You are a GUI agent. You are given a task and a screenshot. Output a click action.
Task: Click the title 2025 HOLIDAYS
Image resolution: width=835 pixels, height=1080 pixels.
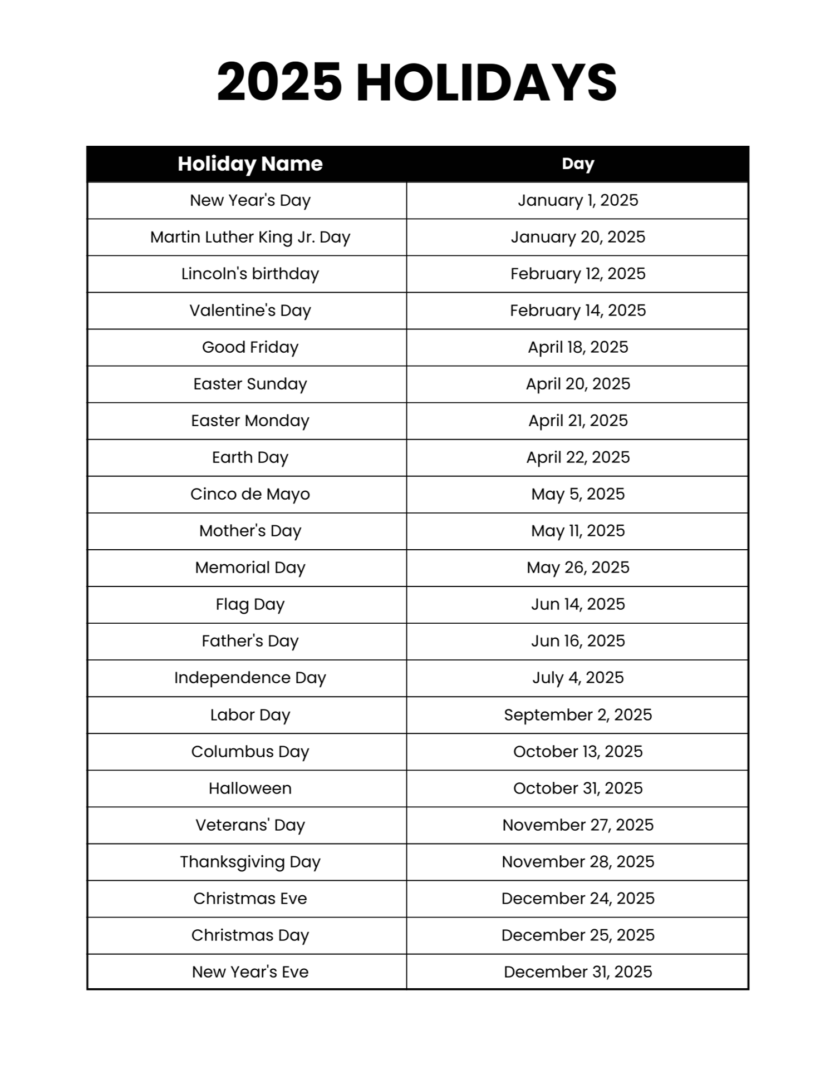tap(417, 82)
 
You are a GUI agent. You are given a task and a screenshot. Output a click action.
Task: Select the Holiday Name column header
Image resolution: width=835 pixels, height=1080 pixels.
tap(250, 164)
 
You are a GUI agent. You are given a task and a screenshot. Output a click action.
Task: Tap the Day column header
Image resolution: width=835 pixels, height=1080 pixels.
tap(578, 164)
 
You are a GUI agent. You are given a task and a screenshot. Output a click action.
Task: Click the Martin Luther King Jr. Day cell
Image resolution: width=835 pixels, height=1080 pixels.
tap(250, 237)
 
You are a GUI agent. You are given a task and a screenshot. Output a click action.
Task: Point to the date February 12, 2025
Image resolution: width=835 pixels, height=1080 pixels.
tap(578, 274)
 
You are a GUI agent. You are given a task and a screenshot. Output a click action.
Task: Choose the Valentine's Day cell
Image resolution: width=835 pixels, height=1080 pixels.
tap(250, 310)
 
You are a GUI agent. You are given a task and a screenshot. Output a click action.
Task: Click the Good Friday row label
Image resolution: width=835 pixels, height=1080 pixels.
tap(250, 347)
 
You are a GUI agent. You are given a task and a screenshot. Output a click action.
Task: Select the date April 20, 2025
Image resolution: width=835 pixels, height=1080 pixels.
tap(578, 384)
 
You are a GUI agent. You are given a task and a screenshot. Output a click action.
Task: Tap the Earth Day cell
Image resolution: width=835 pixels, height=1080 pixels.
tap(250, 457)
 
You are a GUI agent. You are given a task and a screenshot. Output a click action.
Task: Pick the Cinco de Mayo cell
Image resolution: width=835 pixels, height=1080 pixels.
tap(250, 494)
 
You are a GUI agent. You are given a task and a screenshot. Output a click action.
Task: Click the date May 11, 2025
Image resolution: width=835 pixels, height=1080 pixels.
tap(578, 531)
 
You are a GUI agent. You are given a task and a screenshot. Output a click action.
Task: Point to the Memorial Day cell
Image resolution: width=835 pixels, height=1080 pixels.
tap(250, 568)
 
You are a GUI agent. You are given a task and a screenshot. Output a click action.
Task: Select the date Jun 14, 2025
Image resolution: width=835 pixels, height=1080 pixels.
tap(578, 604)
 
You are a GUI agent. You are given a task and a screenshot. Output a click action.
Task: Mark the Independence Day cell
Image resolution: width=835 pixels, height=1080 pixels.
tap(250, 678)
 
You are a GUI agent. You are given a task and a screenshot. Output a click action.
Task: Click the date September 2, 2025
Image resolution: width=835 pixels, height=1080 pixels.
tap(578, 715)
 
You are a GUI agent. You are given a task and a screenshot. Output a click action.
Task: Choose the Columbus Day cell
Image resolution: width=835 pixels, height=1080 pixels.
tap(250, 752)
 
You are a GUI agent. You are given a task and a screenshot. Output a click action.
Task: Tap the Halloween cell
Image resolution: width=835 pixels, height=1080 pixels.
tap(250, 788)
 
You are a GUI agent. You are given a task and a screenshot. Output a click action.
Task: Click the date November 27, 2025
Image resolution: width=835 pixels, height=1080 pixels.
tap(578, 825)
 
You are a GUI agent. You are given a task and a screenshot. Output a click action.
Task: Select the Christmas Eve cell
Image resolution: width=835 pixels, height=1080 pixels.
tap(250, 899)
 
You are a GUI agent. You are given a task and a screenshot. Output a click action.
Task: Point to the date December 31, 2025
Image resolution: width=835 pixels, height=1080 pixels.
tap(578, 972)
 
